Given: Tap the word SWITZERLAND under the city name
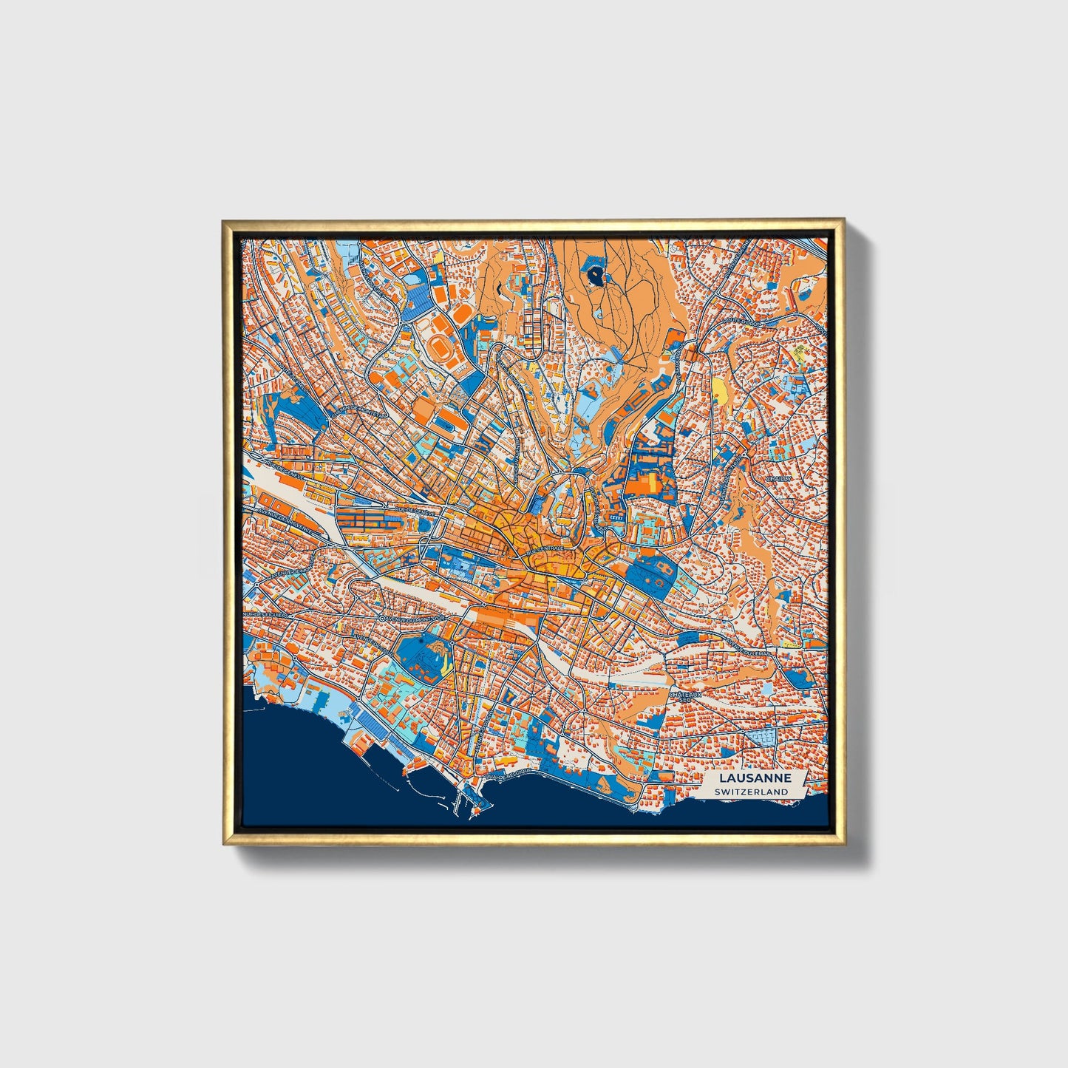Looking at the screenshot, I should click(752, 792).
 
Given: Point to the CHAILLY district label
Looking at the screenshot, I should click(778, 479).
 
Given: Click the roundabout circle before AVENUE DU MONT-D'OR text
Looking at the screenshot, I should click(383, 619).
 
